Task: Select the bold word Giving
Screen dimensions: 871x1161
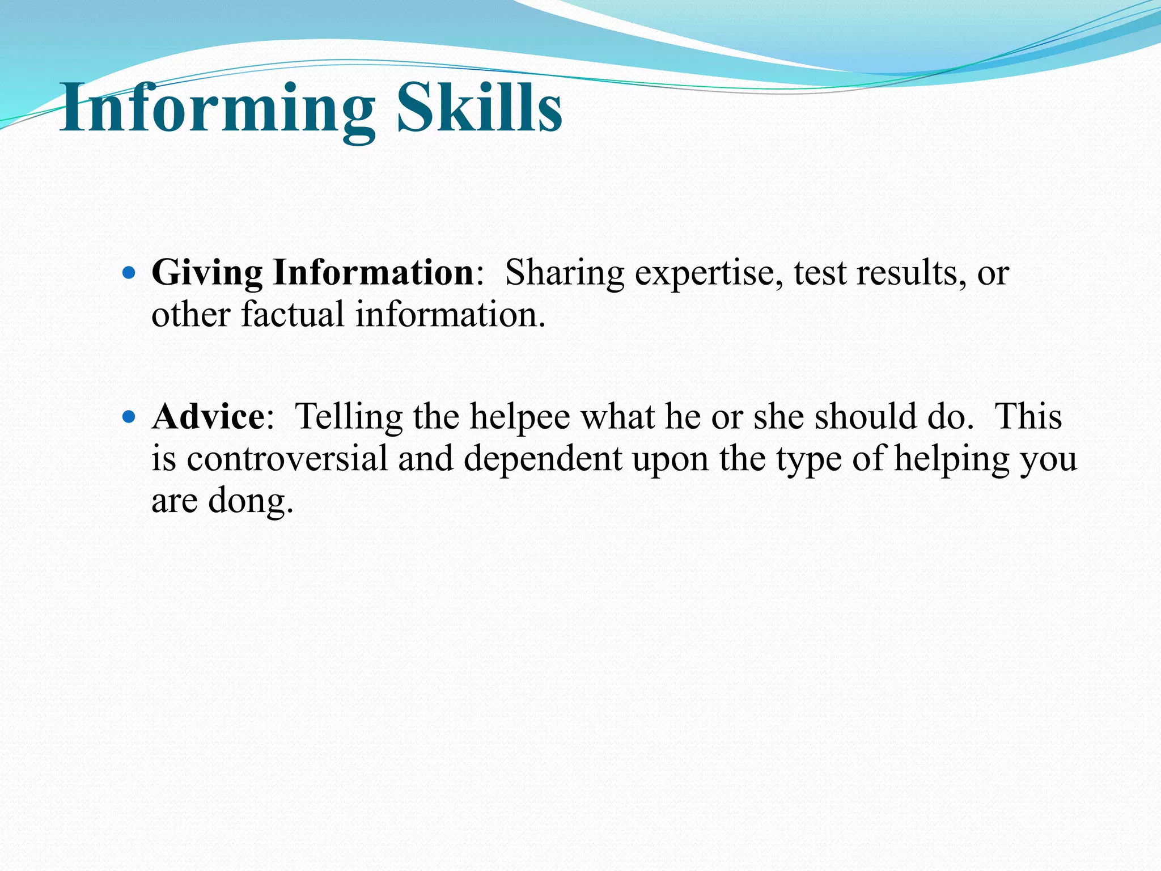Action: pyautogui.click(x=207, y=273)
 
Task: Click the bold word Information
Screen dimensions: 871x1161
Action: pyautogui.click(x=374, y=273)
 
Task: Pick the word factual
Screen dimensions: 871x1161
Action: pyautogui.click(x=293, y=314)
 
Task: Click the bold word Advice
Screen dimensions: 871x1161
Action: pyautogui.click(x=208, y=417)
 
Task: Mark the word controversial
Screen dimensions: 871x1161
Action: pyautogui.click(x=287, y=458)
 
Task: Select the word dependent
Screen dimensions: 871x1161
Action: pyautogui.click(x=543, y=459)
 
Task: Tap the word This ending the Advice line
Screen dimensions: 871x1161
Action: pyautogui.click(x=1028, y=417)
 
